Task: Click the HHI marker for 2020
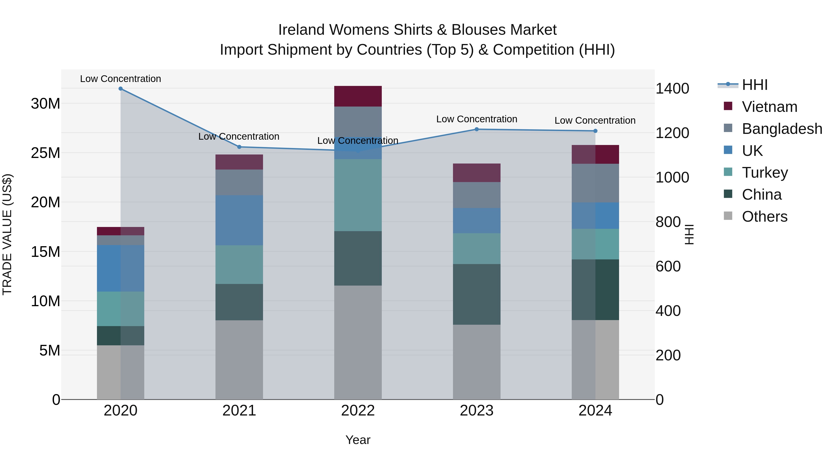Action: tap(121, 89)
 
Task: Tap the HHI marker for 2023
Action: tap(476, 129)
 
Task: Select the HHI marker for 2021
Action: tap(239, 147)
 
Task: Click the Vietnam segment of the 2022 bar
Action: tap(358, 96)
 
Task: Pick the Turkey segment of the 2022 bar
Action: tap(358, 195)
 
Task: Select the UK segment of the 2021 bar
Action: tap(239, 220)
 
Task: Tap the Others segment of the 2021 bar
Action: tap(239, 360)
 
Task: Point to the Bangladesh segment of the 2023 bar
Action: tap(476, 195)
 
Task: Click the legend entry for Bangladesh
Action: tap(782, 129)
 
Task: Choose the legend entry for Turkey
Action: tap(765, 173)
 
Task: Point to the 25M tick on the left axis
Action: tap(45, 153)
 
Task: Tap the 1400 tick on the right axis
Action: tap(672, 89)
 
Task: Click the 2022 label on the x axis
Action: tap(358, 411)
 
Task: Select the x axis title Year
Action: tap(358, 440)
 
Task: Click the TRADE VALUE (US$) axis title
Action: tap(7, 234)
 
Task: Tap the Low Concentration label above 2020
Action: tap(121, 79)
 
